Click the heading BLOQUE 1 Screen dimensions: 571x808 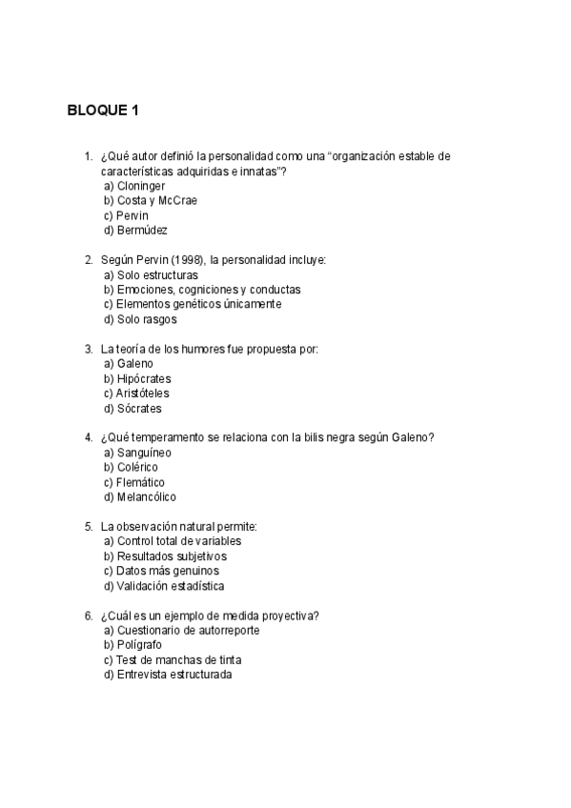coord(103,111)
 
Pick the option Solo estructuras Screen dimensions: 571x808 coord(151,274)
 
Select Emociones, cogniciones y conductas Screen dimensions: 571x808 coord(202,289)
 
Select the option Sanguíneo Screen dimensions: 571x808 coord(143,453)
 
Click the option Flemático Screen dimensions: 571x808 coord(141,482)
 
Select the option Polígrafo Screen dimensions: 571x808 coord(140,645)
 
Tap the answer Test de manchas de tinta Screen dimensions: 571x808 coord(172,659)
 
